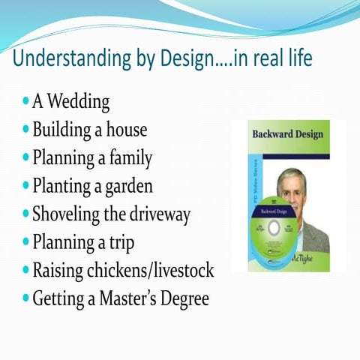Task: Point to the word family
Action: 128,158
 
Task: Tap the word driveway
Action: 159,214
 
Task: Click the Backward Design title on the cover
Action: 287,134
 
